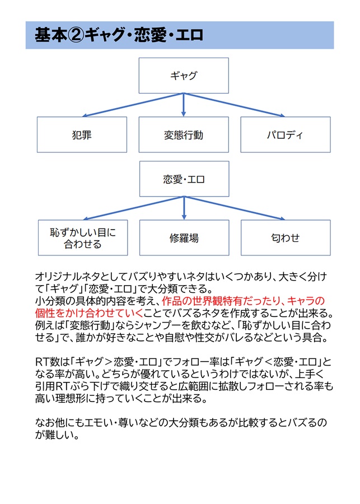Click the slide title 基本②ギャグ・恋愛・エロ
[x=119, y=35]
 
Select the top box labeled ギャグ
[x=184, y=76]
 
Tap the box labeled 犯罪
[x=82, y=134]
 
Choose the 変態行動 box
[x=184, y=134]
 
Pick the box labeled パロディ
[x=286, y=134]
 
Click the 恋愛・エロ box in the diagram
[x=184, y=179]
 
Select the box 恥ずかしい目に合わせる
[x=83, y=238]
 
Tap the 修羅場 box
[x=184, y=238]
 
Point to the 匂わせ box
[x=286, y=238]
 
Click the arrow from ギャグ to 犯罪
[x=133, y=105]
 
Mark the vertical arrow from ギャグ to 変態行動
[x=184, y=105]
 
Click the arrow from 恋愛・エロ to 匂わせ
[x=235, y=208]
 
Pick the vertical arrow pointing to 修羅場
[x=184, y=208]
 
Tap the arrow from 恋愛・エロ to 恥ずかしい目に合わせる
[x=133, y=208]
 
